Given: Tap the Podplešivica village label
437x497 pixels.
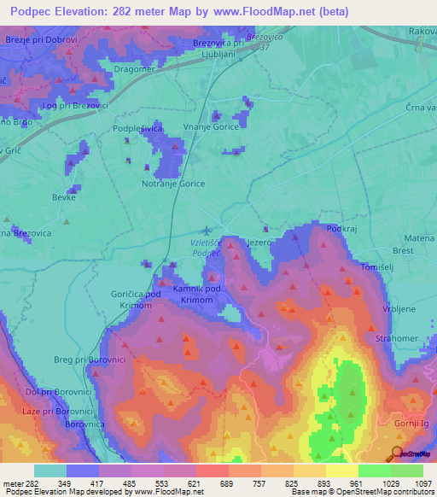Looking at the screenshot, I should (137, 128).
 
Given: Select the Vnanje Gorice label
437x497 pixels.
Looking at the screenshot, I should (210, 126).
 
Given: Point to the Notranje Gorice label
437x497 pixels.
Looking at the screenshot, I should (172, 183).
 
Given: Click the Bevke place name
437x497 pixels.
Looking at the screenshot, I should (64, 197).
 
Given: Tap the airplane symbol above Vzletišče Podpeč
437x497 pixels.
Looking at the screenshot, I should (207, 230).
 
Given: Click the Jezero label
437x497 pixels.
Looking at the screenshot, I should (258, 243).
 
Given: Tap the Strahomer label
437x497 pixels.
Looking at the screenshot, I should (395, 338).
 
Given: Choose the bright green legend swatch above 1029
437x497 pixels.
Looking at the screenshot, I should (374, 471).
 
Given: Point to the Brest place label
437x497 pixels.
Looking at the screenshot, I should (403, 251).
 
